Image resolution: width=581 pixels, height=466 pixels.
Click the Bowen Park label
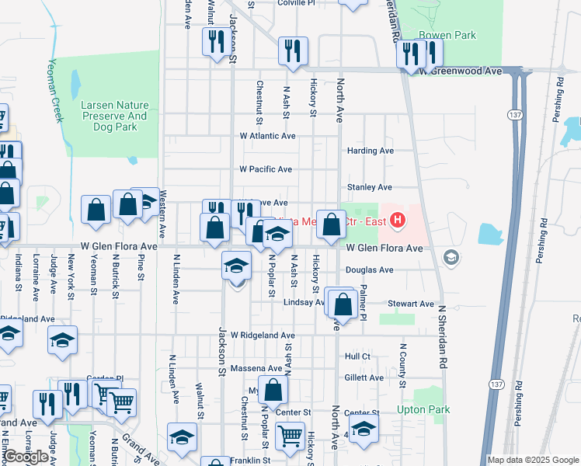[446, 35]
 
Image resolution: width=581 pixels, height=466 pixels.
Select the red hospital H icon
[398, 221]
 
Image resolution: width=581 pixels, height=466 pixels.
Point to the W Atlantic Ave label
[267, 136]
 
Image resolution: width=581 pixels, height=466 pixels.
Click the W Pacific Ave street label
[266, 169]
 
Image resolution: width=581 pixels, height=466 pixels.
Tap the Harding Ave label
[371, 151]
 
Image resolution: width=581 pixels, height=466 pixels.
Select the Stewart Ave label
[412, 304]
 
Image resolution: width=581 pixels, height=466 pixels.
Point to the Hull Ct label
[357, 356]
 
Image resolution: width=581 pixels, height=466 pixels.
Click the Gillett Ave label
[364, 377]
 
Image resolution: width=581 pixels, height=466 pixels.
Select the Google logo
[26, 457]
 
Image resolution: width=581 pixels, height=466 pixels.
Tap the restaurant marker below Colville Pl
[294, 51]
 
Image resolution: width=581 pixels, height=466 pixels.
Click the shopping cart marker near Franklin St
[290, 436]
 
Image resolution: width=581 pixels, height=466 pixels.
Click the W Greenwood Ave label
[461, 71]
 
